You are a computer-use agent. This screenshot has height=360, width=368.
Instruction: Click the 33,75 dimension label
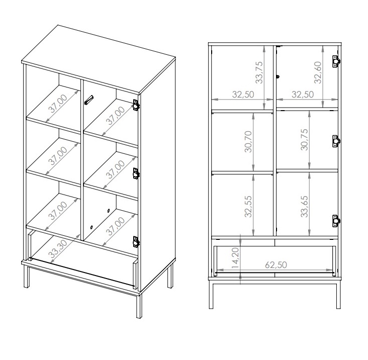(259, 72)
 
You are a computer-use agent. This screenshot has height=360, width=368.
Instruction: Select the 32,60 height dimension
(318, 72)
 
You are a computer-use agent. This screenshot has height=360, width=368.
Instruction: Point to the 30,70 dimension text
(248, 141)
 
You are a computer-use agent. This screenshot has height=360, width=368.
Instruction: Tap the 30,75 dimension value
(304, 140)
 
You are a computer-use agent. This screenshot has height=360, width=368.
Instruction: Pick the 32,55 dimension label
(248, 207)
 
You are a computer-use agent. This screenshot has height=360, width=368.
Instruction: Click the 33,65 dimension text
(304, 207)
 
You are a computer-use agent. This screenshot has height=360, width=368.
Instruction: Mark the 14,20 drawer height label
(235, 257)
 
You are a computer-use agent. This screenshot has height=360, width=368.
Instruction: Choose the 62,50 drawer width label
(276, 265)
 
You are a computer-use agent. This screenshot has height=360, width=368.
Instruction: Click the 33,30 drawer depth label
(58, 249)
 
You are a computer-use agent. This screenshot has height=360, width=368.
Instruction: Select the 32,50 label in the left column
(243, 95)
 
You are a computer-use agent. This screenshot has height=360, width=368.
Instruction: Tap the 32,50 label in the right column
(303, 95)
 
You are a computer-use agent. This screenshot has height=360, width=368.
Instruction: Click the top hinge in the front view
(336, 61)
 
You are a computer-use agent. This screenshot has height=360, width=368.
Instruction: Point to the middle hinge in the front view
(336, 141)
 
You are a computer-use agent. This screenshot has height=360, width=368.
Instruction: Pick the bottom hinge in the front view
(336, 221)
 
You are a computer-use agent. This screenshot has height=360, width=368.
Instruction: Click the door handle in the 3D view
(88, 100)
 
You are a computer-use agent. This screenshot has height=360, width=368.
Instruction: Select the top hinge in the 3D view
(136, 105)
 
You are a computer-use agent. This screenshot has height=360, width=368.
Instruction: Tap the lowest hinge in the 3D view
(136, 242)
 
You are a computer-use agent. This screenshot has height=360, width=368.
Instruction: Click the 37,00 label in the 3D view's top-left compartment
(58, 104)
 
